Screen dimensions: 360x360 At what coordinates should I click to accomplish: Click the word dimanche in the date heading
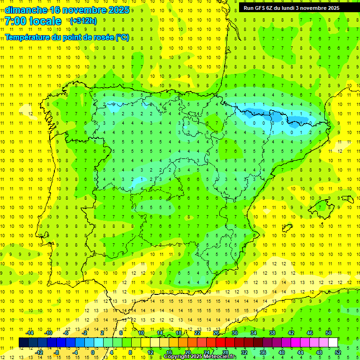click(26, 10)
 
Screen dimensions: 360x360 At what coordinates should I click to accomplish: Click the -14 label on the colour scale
click(30, 333)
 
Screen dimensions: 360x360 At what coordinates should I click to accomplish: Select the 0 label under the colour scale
click(92, 352)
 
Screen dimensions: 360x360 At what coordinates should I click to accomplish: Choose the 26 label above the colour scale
click(216, 333)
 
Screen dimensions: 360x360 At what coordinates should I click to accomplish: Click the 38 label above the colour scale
click(272, 333)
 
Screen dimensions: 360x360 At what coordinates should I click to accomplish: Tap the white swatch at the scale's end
click(333, 343)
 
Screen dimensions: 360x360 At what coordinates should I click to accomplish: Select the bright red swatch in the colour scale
click(221, 343)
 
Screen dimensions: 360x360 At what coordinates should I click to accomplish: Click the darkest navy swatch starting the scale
click(23, 343)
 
